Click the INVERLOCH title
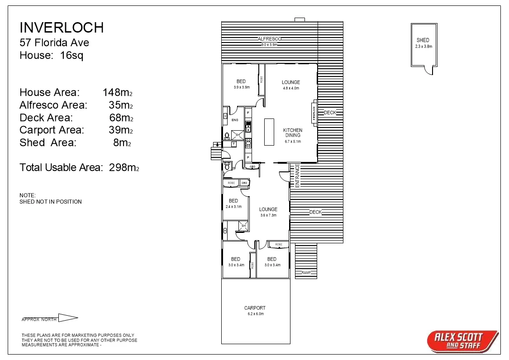[x=62, y=28]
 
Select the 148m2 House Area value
[x=118, y=93]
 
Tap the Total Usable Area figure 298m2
[x=124, y=168]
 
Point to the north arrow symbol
[x=68, y=318]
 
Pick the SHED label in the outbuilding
[x=423, y=40]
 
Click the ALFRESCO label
[x=270, y=39]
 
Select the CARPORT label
[x=255, y=308]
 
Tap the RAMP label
[x=306, y=273]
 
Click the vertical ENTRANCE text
[x=297, y=176]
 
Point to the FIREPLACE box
[x=314, y=113]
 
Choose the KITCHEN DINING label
[x=293, y=133]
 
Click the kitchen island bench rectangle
[x=269, y=132]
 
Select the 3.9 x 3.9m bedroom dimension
[x=242, y=87]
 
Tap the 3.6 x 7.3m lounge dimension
[x=268, y=215]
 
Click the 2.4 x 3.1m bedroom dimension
[x=233, y=207]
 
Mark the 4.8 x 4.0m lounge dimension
[x=291, y=88]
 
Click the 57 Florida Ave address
[x=54, y=43]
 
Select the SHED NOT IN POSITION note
[x=51, y=202]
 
